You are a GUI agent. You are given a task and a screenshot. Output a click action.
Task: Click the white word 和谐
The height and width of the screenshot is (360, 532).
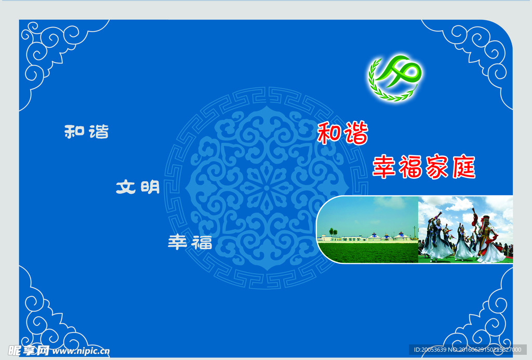coord(87,131)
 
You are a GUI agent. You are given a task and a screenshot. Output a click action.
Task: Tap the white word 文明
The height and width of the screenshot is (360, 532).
coord(138,187)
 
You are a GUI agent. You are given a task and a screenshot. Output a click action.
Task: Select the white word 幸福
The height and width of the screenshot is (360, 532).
coord(190,242)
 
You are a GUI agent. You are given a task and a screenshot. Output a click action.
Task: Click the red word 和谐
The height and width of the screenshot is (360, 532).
coord(343,133)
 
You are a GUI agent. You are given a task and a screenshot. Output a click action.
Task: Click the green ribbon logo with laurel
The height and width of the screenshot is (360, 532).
coord(395,78)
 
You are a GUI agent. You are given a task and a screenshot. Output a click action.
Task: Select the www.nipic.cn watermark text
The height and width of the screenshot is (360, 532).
coord(81,351)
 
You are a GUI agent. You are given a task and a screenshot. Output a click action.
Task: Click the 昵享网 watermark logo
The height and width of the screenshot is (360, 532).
coord(29,351)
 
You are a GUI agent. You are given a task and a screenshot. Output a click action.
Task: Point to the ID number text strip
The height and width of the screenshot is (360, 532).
coord(467,350)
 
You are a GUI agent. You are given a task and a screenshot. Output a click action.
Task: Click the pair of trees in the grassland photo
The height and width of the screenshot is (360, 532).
coord(333,232)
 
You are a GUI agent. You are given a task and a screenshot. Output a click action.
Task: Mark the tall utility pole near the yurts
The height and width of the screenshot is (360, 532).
coord(414,232)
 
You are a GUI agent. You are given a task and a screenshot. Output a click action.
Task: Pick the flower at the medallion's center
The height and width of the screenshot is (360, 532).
coord(267,188)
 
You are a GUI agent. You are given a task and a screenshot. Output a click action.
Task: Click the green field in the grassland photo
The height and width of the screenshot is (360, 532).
coord(368,252)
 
